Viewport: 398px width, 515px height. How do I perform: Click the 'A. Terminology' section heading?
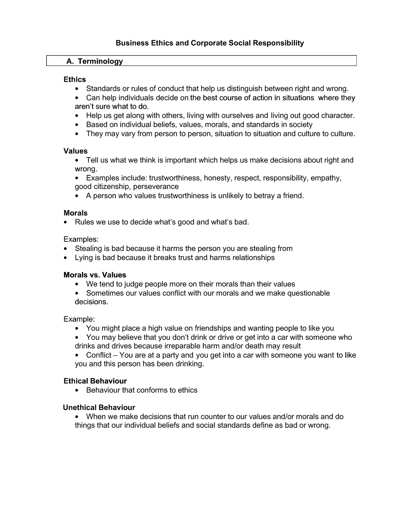click(95, 61)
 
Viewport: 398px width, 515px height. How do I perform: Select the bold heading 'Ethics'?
click(75, 80)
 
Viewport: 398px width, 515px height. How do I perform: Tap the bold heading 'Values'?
click(76, 151)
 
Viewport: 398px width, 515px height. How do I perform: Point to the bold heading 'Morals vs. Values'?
click(95, 275)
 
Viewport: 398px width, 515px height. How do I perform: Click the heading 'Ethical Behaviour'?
click(95, 381)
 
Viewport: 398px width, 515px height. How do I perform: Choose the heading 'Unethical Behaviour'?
click(99, 408)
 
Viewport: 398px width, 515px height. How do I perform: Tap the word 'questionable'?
click(308, 293)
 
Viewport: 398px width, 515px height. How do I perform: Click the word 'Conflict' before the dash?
click(99, 355)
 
